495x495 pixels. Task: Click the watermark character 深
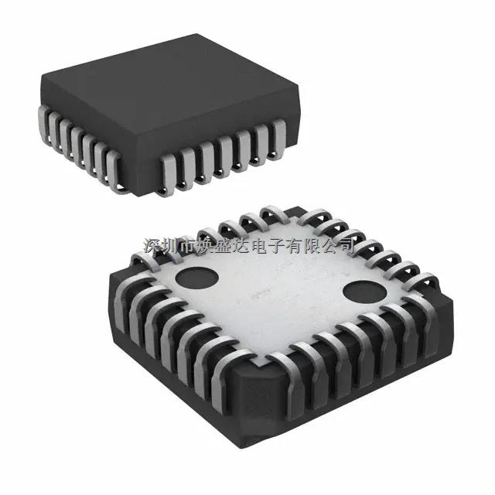click(x=152, y=246)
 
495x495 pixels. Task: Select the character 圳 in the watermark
click(x=171, y=246)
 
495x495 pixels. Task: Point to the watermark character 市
click(x=189, y=246)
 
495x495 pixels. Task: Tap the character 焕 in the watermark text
click(x=207, y=246)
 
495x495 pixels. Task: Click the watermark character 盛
click(x=226, y=246)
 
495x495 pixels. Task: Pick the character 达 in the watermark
click(x=244, y=246)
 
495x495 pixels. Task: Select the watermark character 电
click(x=263, y=246)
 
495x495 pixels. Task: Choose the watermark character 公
click(x=336, y=246)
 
